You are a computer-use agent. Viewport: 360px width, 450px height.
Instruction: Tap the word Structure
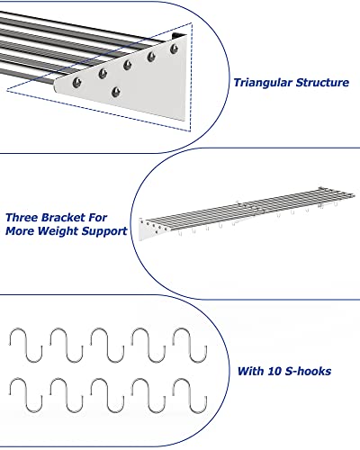(x=322, y=82)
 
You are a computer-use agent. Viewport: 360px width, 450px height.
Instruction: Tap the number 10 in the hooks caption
(x=274, y=371)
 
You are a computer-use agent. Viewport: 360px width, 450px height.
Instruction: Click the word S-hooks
(x=308, y=371)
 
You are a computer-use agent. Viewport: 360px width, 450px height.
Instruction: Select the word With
(x=251, y=371)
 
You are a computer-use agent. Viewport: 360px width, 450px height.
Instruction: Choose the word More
(x=20, y=231)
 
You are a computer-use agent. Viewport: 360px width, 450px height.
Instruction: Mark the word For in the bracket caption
(x=97, y=218)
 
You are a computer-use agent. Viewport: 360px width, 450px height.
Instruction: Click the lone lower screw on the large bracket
(x=116, y=92)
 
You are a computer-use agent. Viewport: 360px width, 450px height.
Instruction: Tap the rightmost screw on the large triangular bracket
(x=174, y=49)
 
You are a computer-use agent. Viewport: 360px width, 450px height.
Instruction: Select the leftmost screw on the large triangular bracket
(x=77, y=82)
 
